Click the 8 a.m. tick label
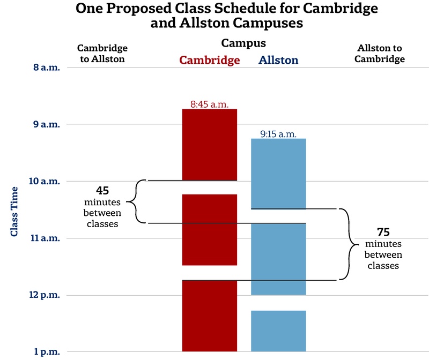46,68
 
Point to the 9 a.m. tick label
46,124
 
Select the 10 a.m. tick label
43,182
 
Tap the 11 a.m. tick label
43,238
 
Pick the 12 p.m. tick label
43,295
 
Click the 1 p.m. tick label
46,352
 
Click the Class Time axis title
14,211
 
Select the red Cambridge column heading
209,60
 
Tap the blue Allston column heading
278,60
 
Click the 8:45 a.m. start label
210,104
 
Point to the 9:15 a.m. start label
278,134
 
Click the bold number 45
102,191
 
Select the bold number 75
383,232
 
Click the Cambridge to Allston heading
102,54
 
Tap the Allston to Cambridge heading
379,54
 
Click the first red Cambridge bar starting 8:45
210,145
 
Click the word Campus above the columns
243,43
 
